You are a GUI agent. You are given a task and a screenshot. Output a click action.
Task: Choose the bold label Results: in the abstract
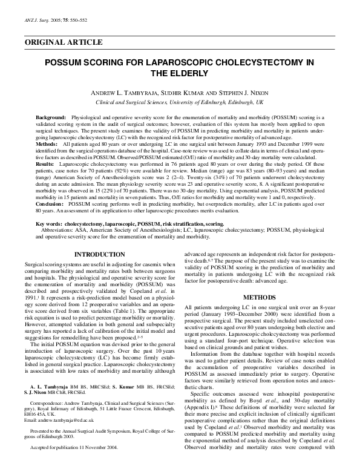click(x=45, y=163)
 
